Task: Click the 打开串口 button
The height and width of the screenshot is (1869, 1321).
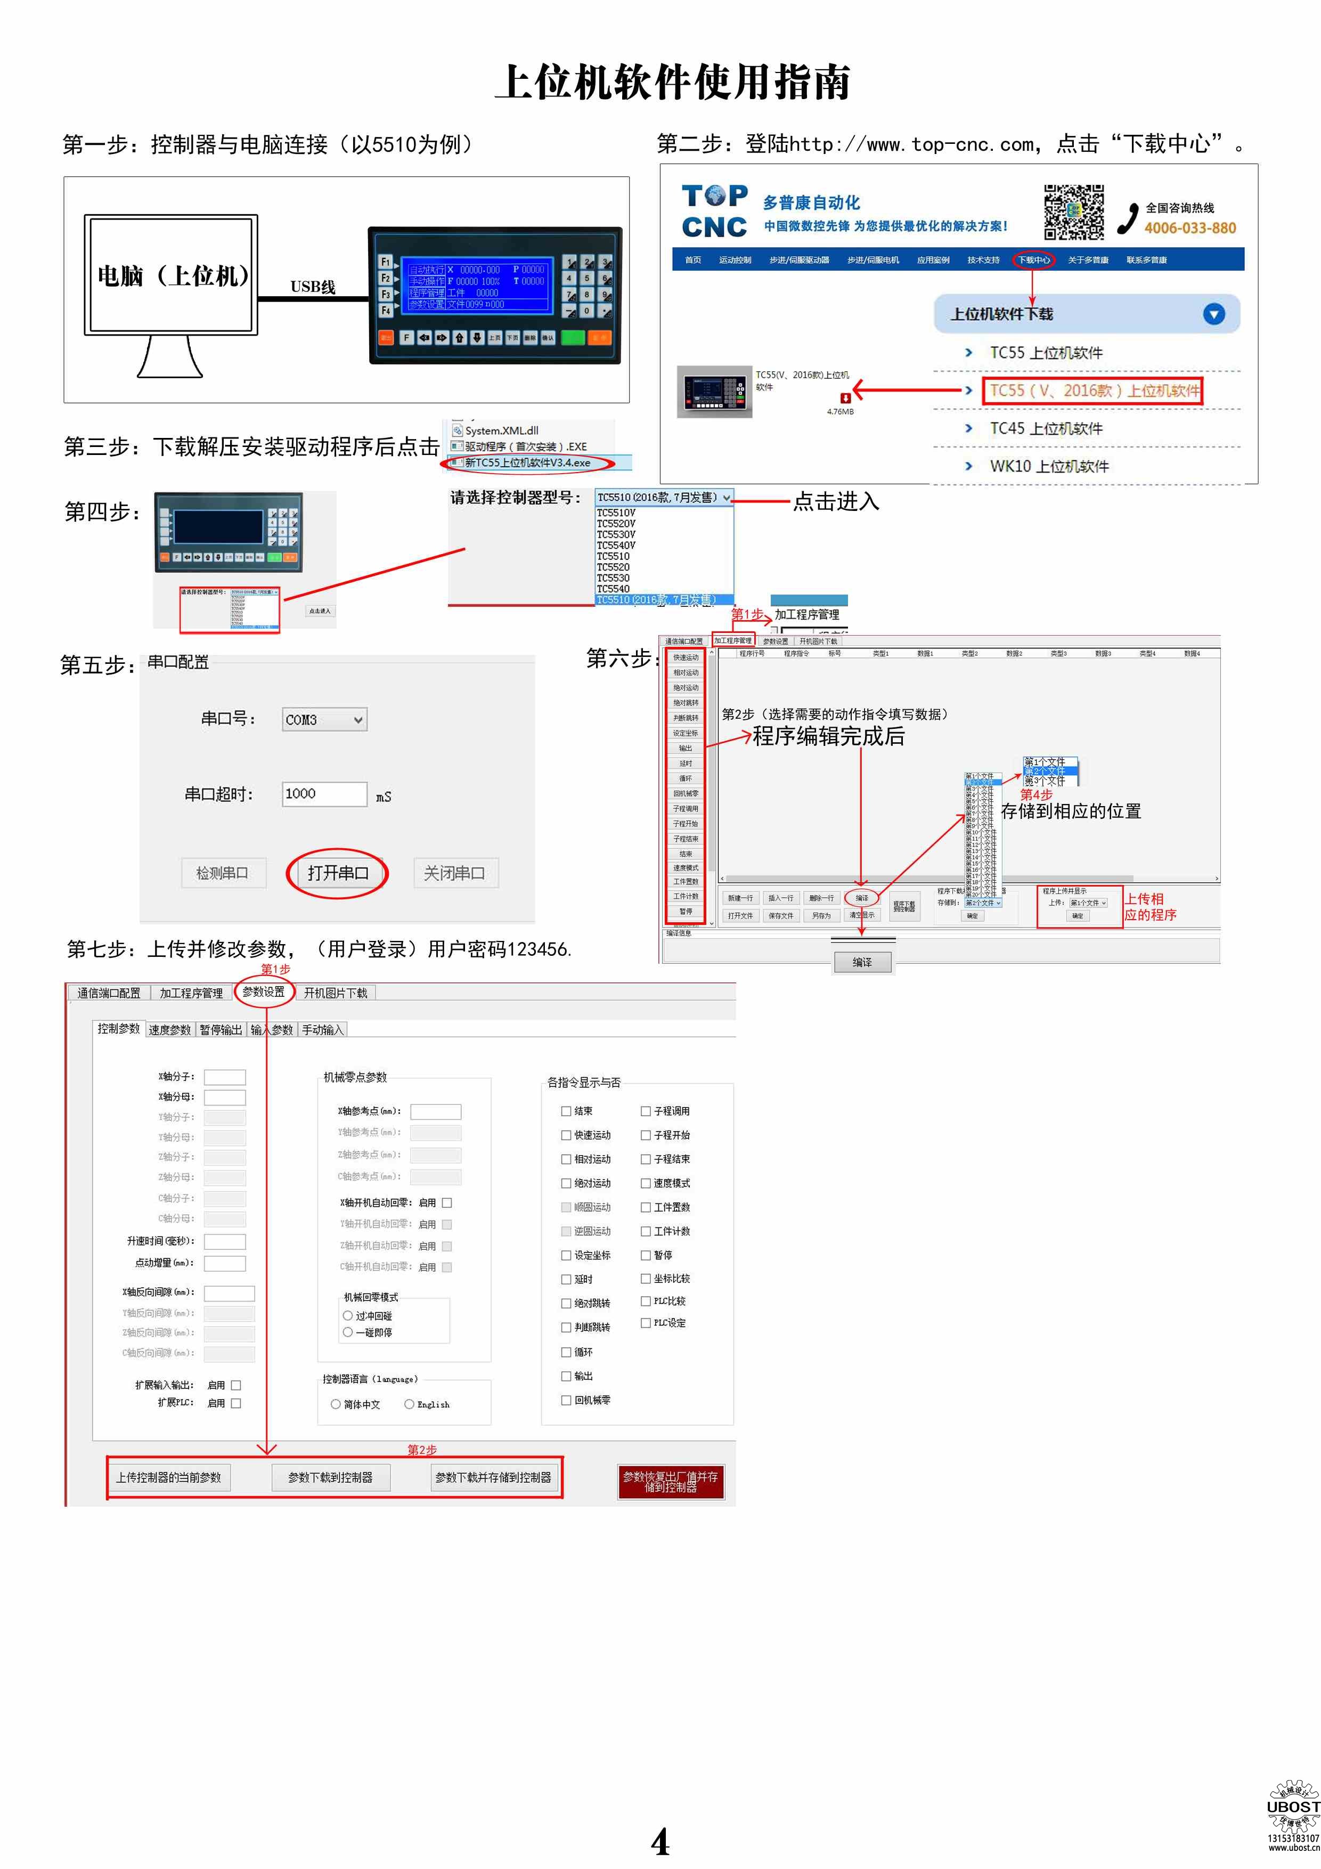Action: click(337, 873)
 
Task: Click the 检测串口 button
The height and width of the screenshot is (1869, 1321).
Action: click(222, 873)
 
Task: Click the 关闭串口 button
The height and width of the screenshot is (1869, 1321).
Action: click(454, 873)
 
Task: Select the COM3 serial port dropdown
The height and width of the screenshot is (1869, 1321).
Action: click(324, 720)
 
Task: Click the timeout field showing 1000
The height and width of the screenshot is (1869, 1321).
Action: click(323, 794)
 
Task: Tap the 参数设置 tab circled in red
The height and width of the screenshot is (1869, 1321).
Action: click(264, 992)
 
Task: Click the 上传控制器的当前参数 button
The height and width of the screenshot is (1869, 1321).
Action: click(168, 1477)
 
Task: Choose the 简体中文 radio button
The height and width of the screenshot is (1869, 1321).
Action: click(336, 1404)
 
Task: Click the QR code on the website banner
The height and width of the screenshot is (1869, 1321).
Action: click(1073, 212)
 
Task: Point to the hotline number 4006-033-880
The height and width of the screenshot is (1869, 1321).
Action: click(1189, 229)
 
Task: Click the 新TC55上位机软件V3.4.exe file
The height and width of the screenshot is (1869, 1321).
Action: click(527, 462)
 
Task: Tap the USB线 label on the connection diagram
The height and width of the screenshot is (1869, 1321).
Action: click(313, 287)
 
